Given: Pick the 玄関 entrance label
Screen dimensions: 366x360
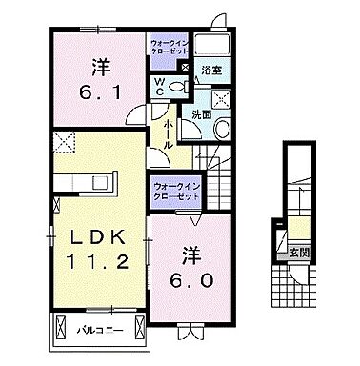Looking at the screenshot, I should pos(301,253).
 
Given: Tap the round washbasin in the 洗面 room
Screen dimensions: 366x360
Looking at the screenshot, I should pos(221,129).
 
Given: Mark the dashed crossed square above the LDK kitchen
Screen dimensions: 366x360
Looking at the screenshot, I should pos(65,143).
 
